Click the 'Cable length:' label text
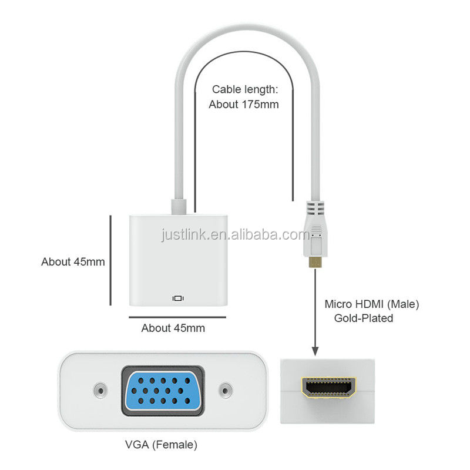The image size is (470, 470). pos(244,89)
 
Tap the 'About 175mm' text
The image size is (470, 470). pos(244,105)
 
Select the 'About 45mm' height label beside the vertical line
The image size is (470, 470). pos(73,261)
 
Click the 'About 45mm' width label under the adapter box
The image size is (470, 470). pos(173,328)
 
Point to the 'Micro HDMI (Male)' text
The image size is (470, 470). pos(372,304)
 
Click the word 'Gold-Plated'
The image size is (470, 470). pos(364,318)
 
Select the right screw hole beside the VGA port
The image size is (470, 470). pos(225,390)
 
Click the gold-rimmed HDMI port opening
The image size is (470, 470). pos(328,388)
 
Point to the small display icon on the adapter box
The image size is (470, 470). pos(178,298)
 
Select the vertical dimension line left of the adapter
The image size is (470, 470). pos(110,260)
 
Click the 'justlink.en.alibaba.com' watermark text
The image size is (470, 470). pos(235,235)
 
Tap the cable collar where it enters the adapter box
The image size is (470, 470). pos(179,207)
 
